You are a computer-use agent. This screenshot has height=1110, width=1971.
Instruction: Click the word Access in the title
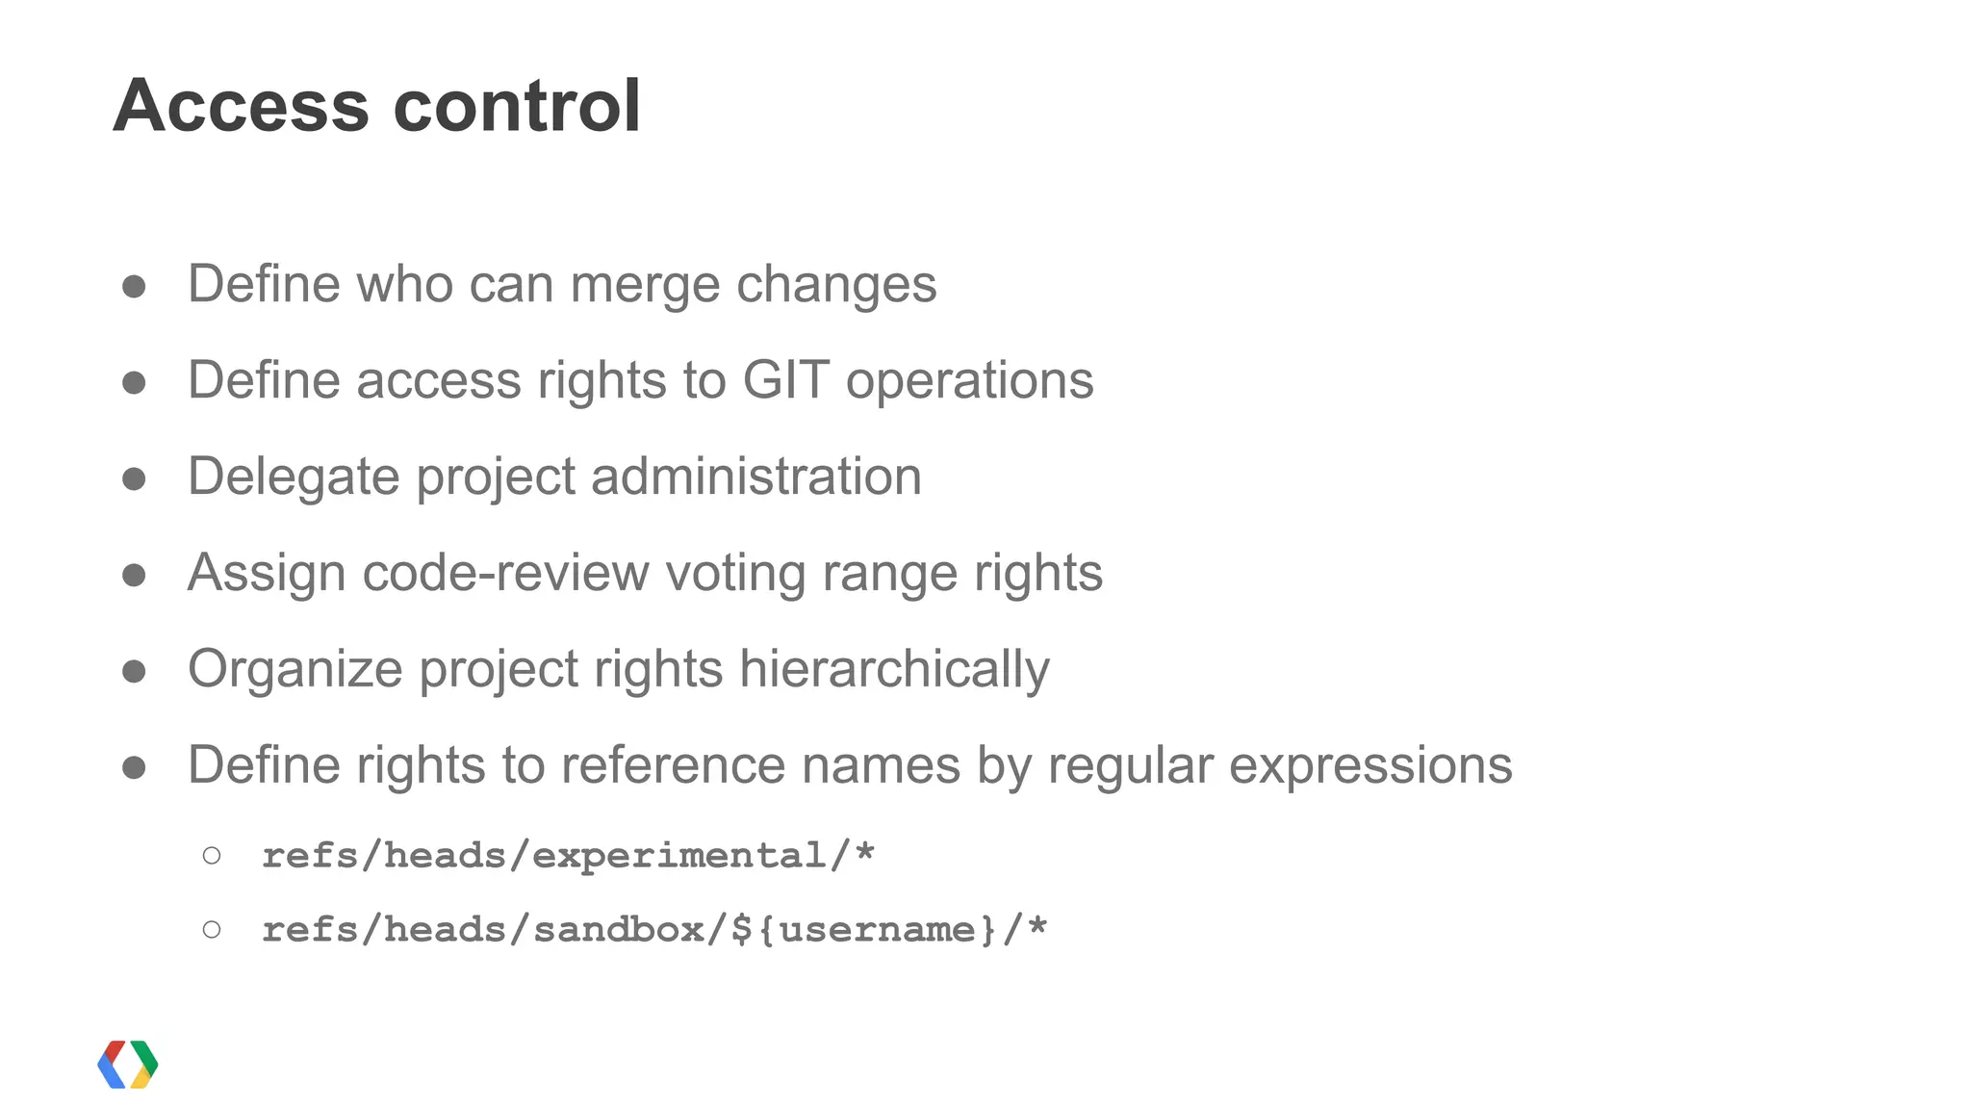(x=241, y=105)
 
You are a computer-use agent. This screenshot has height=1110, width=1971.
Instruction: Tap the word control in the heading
(x=517, y=105)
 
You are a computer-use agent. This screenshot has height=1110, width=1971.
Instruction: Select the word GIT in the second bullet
(x=785, y=380)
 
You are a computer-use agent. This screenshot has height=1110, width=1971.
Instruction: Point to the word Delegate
(x=293, y=477)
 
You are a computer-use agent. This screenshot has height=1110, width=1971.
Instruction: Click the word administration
(x=755, y=477)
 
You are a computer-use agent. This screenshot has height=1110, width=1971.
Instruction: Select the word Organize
(x=294, y=669)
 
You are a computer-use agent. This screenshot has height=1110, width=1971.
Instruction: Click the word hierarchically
(x=894, y=669)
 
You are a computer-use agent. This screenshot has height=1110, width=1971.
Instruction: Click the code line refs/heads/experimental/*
(x=568, y=855)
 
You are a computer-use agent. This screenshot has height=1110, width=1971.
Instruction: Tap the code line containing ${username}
(x=654, y=929)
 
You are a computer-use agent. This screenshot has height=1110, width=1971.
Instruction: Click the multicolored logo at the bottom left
(x=128, y=1064)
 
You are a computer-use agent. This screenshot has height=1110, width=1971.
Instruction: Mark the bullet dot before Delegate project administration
(x=134, y=478)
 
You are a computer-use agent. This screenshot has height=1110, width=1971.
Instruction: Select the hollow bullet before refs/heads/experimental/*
(x=212, y=855)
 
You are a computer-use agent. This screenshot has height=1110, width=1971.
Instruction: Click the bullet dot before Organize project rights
(x=134, y=671)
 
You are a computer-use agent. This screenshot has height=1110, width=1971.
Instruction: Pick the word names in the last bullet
(x=881, y=765)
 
